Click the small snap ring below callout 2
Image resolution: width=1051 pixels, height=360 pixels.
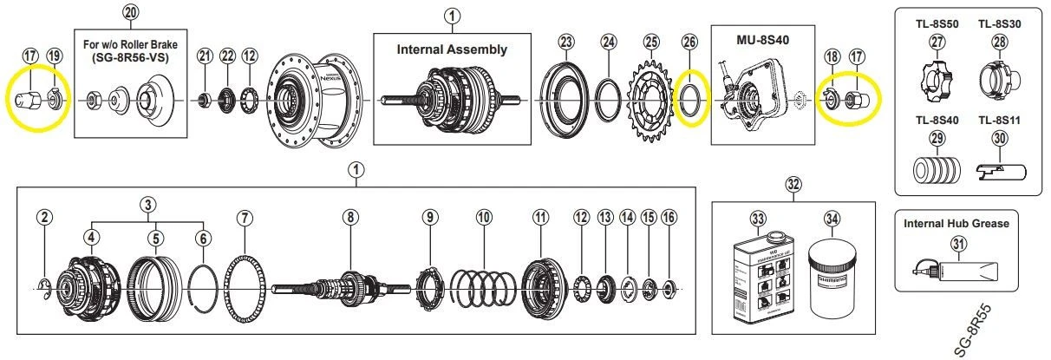[x=44, y=285]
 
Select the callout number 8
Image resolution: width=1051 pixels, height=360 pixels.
[x=350, y=218]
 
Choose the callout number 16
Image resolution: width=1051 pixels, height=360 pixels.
[x=668, y=218]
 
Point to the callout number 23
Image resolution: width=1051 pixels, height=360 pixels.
[x=566, y=41]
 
